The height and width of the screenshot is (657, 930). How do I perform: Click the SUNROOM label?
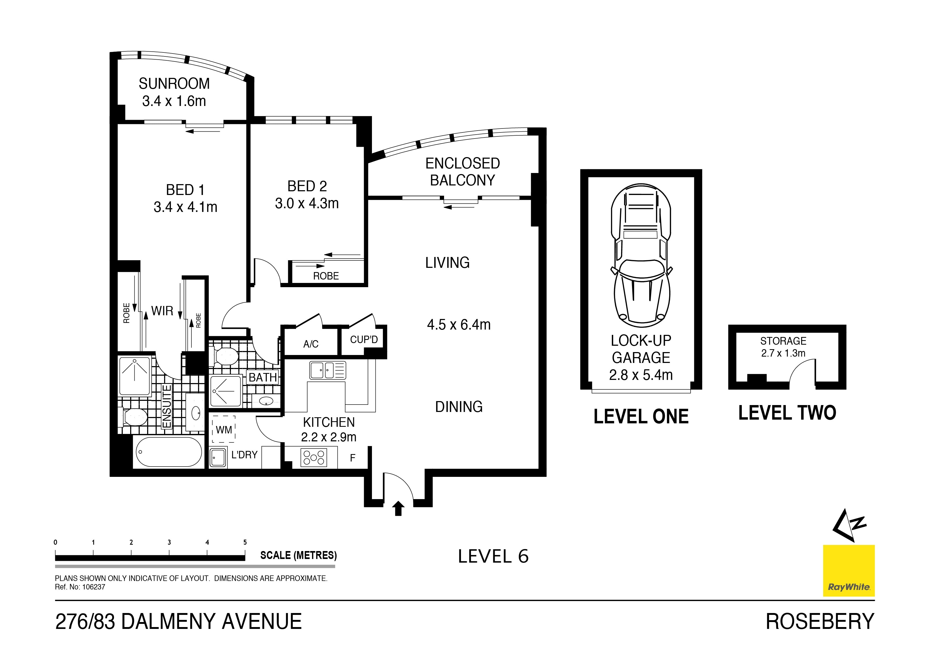(174, 84)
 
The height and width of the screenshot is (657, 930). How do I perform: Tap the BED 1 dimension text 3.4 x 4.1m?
(185, 207)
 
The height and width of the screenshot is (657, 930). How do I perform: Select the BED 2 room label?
(307, 186)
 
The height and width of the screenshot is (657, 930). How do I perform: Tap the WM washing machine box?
(223, 429)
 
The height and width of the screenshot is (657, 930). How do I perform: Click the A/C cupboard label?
(311, 344)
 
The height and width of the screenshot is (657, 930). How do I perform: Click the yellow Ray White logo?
(849, 571)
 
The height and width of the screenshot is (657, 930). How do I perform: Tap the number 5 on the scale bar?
(245, 543)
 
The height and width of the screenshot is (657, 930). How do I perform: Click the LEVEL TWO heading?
(787, 413)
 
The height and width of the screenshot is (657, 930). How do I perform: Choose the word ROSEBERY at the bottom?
(820, 622)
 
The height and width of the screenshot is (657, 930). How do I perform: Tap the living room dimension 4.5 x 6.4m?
(459, 325)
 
